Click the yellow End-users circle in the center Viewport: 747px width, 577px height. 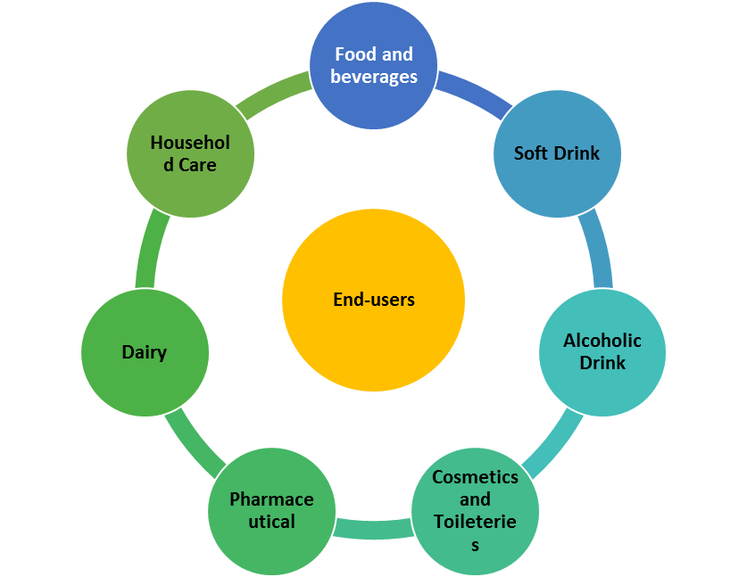click(x=373, y=300)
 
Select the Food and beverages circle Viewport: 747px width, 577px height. click(x=374, y=65)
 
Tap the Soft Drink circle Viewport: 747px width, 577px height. click(x=557, y=153)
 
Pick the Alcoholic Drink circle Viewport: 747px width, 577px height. click(x=602, y=351)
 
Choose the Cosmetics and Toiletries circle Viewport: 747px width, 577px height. click(x=475, y=510)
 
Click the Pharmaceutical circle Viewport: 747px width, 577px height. click(x=271, y=510)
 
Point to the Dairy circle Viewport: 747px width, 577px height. click(x=145, y=352)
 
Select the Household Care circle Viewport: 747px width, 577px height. click(x=190, y=153)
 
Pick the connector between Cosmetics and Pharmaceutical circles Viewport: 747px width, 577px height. click(x=373, y=530)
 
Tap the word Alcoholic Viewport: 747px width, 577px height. click(x=602, y=341)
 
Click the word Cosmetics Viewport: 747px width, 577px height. click(x=475, y=477)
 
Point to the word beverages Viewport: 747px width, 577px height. click(x=374, y=77)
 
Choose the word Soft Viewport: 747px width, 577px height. click(x=530, y=153)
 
